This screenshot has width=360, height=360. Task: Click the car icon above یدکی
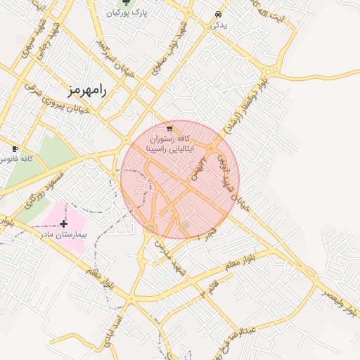pyautogui.click(x=218, y=15)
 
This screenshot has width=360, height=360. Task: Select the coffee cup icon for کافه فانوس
pyautogui.click(x=15, y=149)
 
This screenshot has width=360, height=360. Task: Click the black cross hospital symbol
pyautogui.click(x=64, y=224)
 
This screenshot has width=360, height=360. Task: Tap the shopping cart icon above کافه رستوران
pyautogui.click(x=169, y=129)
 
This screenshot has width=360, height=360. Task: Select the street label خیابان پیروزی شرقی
pyautogui.click(x=58, y=98)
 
